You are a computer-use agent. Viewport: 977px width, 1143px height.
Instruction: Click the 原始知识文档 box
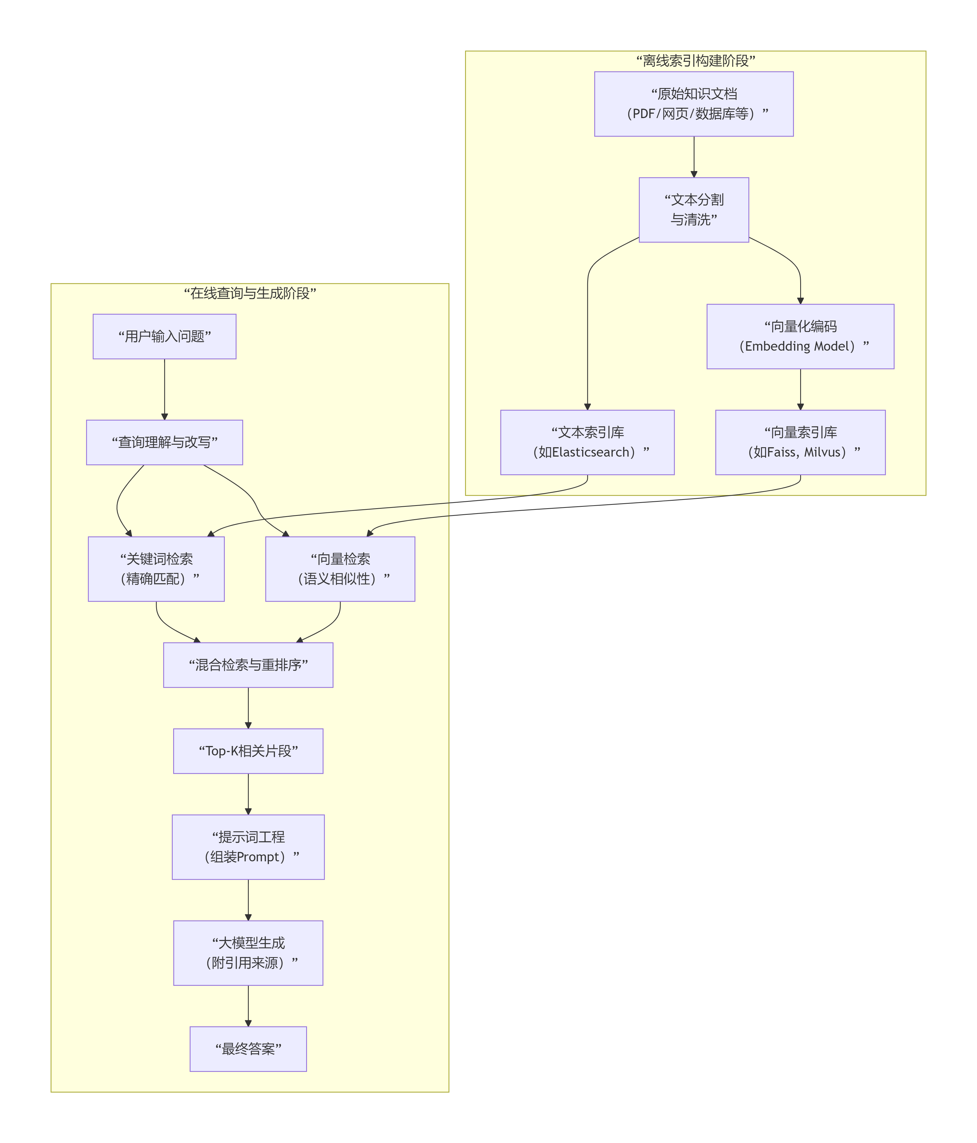tap(693, 104)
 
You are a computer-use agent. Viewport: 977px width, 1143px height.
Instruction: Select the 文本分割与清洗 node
tap(693, 210)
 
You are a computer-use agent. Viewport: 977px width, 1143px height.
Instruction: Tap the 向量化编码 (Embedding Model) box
tap(800, 337)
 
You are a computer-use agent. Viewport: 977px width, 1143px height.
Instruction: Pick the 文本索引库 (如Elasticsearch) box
tap(587, 443)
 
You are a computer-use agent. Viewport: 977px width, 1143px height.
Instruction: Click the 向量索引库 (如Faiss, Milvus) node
tap(800, 443)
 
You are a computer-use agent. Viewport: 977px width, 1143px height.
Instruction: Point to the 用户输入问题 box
tap(164, 337)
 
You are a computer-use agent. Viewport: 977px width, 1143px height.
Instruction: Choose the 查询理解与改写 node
tap(164, 443)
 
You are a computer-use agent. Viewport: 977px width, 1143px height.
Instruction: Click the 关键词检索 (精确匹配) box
tap(156, 569)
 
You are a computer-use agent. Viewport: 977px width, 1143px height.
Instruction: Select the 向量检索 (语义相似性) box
tap(340, 569)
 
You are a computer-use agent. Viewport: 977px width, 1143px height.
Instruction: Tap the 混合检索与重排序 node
tap(248, 665)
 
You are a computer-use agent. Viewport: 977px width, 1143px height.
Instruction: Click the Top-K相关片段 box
tap(248, 751)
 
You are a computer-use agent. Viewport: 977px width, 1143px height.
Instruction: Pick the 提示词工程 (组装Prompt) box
tap(248, 847)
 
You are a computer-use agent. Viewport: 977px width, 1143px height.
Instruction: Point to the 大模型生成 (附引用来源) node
tap(248, 953)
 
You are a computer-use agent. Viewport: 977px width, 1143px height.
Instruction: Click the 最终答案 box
tap(248, 1049)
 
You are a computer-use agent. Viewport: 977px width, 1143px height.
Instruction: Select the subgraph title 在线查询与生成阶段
tap(250, 293)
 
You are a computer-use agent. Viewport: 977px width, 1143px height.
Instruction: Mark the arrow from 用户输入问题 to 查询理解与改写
tap(164, 390)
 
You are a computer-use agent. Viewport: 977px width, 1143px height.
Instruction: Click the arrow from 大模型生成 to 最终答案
tap(248, 1006)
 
